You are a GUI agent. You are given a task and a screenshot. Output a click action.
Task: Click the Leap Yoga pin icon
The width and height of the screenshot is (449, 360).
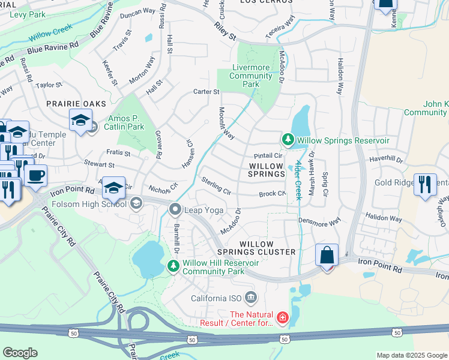click(175, 209)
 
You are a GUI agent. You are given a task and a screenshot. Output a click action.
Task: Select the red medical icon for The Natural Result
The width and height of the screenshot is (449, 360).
click(282, 316)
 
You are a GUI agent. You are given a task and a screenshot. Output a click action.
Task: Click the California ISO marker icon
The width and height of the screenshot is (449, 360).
click(251, 297)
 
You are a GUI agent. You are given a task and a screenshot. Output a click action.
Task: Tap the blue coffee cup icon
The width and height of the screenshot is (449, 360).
click(36, 175)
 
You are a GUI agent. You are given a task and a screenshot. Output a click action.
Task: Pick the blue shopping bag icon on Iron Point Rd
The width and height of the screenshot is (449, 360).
click(327, 255)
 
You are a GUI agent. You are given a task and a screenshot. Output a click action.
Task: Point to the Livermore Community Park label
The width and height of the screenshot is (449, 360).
click(250, 76)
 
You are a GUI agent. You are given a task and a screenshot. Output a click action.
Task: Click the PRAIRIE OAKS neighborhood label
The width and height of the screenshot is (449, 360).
click(72, 104)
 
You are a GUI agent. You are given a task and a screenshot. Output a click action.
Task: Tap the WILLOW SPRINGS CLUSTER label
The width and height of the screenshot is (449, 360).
click(267, 248)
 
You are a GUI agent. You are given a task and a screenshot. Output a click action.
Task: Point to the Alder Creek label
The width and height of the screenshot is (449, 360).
click(298, 180)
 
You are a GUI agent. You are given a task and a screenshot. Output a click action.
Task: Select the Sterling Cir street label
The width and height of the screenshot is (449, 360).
click(216, 186)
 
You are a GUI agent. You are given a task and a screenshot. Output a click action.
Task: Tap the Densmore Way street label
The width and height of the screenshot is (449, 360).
click(319, 222)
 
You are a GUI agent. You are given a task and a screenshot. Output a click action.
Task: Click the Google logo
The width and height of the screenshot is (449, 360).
click(20, 353)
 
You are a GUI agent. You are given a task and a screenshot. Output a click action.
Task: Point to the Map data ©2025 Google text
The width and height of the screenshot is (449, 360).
click(412, 355)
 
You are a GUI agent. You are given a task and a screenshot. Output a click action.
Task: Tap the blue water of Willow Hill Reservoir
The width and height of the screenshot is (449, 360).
click(148, 257)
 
